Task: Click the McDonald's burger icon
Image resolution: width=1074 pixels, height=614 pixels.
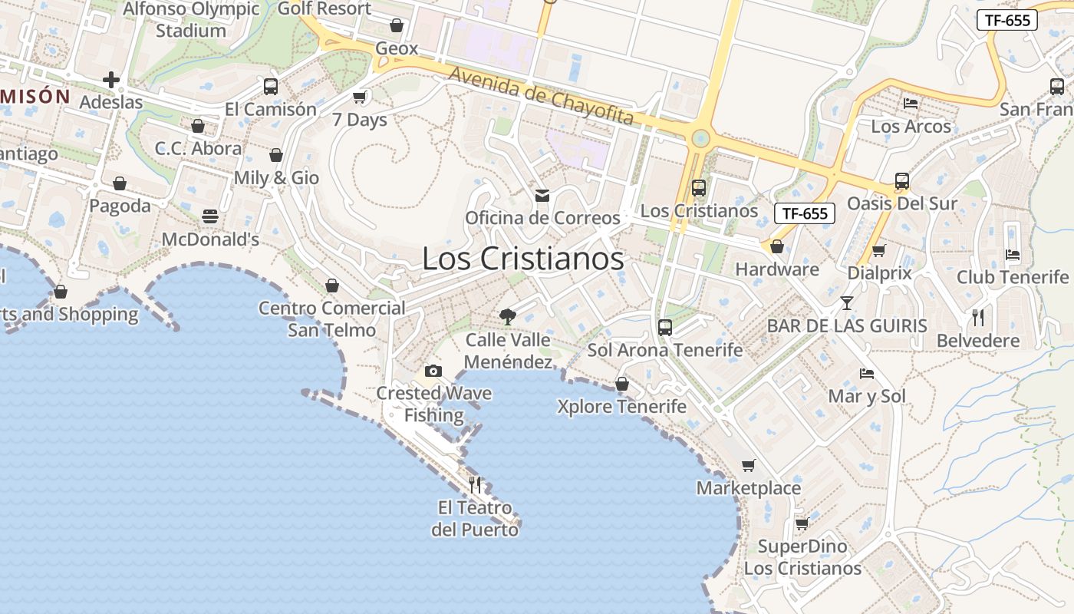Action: [x=210, y=216]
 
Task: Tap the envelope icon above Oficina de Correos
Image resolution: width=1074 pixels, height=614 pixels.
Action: [x=542, y=196]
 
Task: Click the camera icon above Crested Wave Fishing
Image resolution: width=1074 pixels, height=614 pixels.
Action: [x=433, y=371]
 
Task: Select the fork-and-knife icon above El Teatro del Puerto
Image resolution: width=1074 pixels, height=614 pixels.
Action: [x=475, y=484]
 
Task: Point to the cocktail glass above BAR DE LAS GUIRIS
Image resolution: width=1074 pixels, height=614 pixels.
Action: [x=846, y=303]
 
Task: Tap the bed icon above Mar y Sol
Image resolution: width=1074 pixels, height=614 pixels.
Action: [x=867, y=374]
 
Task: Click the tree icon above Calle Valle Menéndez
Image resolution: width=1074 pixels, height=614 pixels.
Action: [x=507, y=316]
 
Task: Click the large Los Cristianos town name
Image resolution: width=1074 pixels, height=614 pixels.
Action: [x=522, y=259]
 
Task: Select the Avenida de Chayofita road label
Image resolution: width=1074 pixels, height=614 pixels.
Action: [x=542, y=96]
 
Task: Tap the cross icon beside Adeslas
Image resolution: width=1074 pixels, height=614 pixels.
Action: [x=111, y=80]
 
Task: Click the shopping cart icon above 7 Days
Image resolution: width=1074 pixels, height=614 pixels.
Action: [x=359, y=97]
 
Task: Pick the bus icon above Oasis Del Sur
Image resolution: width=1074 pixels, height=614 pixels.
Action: [x=902, y=182]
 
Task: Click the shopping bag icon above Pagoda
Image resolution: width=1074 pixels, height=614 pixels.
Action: [x=120, y=183]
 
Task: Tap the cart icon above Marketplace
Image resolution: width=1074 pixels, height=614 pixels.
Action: [x=748, y=465]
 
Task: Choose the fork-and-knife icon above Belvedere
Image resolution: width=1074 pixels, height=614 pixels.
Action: [x=978, y=318]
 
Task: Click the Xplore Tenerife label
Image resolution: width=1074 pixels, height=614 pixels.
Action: [x=621, y=406]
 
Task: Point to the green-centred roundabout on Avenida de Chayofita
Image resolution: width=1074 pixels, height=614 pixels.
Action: [x=700, y=139]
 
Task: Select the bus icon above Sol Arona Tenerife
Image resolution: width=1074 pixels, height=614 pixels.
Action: [x=665, y=328]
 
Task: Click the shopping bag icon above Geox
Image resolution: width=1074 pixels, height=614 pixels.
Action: [x=397, y=26]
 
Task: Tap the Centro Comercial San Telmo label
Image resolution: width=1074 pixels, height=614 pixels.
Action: [x=332, y=319]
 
